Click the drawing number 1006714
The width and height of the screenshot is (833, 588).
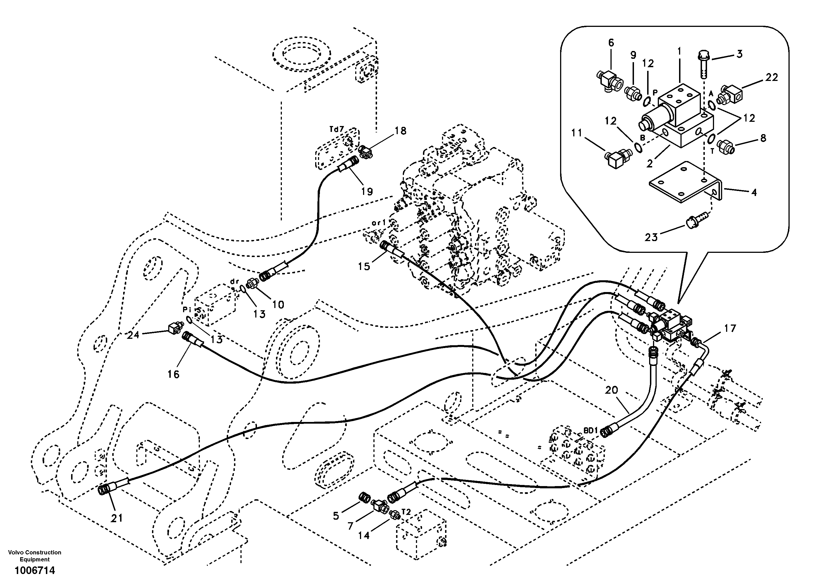coord(35,571)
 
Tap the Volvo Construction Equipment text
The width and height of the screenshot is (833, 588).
coord(35,556)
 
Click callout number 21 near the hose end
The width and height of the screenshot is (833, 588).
coord(116,518)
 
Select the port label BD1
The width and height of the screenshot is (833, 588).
coord(590,430)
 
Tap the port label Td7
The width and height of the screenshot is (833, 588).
coord(336,129)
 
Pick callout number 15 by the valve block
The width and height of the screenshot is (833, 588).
coord(364,266)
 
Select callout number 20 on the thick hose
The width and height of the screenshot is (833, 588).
coord(611,390)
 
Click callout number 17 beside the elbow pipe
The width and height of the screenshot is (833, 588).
coord(730,328)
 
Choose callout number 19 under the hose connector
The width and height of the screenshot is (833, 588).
coord(367,191)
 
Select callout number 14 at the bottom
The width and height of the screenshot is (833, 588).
coord(364,535)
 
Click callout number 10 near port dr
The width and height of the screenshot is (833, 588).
coord(278,305)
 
